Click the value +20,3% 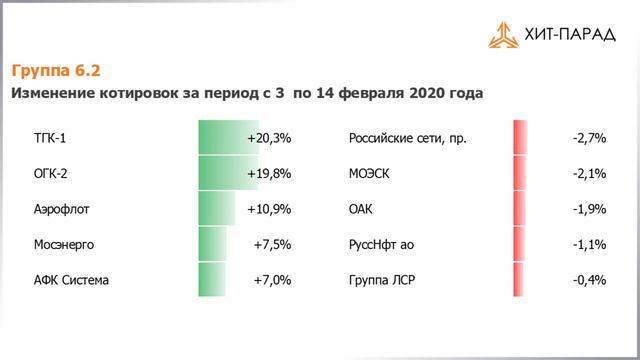point(269,138)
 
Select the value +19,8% point(269,173)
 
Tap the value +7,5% point(272,244)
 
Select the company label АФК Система point(71,280)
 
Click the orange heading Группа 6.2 point(56,71)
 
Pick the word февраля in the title point(372,94)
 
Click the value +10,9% point(269,209)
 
